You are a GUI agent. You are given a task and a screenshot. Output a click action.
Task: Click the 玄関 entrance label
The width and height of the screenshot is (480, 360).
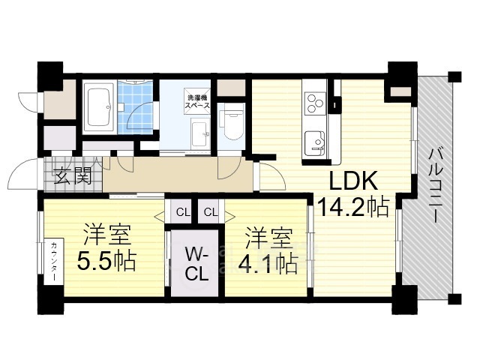pyautogui.click(x=73, y=175)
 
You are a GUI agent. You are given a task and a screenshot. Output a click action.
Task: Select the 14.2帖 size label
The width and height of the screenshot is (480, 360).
pyautogui.click(x=353, y=207)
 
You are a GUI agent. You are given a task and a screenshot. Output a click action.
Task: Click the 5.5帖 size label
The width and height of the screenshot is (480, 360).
pyautogui.click(x=106, y=261)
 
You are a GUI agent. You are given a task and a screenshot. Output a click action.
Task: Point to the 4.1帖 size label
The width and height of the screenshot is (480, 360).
pyautogui.click(x=268, y=263)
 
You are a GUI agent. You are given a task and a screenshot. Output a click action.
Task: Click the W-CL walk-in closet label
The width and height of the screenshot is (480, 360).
pyautogui.click(x=196, y=264)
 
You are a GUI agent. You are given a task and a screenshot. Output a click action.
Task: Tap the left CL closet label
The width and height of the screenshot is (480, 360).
pyautogui.click(x=183, y=211)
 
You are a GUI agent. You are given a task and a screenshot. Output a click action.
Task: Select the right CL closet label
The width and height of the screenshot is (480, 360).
pyautogui.click(x=211, y=211)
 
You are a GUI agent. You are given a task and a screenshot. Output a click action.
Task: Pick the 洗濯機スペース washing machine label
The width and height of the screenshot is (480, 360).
pyautogui.click(x=197, y=102)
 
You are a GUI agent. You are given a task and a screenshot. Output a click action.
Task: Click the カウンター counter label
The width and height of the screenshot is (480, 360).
pyautogui.click(x=53, y=262)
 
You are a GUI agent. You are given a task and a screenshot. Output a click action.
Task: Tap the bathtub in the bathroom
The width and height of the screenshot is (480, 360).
pyautogui.click(x=98, y=107)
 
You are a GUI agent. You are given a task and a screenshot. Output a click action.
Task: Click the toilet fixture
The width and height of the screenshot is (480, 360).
pyautogui.click(x=232, y=121)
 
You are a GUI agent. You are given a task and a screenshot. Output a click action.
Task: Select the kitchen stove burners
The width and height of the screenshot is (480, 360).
pyautogui.click(x=315, y=103)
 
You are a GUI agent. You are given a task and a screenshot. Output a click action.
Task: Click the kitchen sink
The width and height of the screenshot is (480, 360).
pyautogui.click(x=315, y=143)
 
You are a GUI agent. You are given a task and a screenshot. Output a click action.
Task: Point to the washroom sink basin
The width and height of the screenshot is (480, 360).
pyautogui.click(x=200, y=134)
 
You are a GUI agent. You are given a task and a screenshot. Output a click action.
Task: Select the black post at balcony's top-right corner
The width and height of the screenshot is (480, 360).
pyautogui.click(x=455, y=76)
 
